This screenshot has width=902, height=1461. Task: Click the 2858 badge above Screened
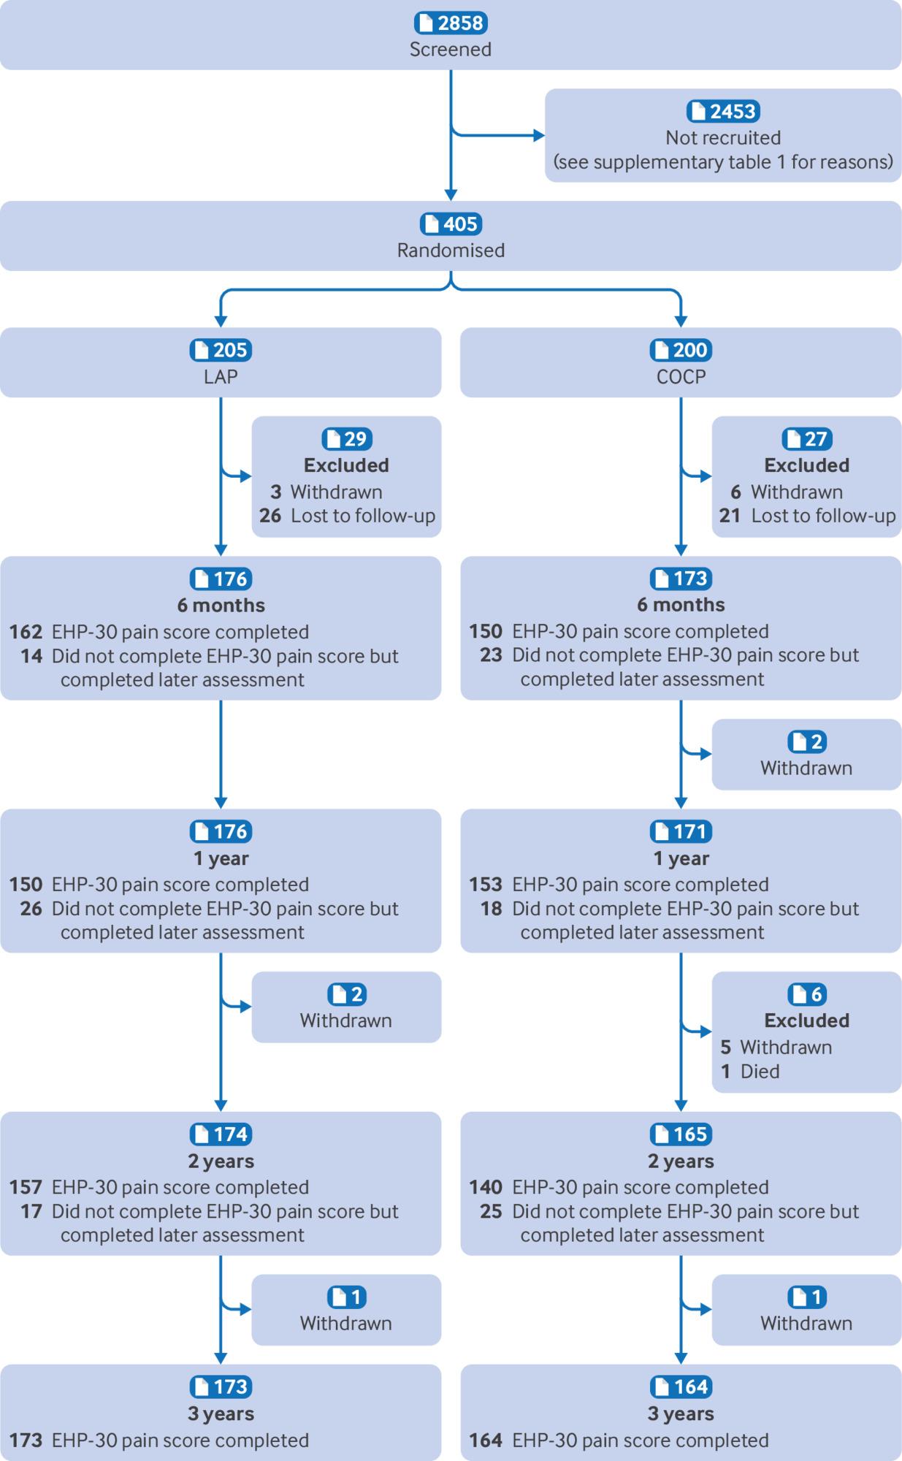tap(451, 23)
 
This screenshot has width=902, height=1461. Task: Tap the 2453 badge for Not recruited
tap(723, 111)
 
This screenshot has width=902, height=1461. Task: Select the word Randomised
tap(451, 250)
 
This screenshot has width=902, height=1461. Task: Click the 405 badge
tap(451, 224)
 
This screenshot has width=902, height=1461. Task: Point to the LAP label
tap(221, 376)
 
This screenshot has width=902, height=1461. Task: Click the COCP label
tap(681, 376)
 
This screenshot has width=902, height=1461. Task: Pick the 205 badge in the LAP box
tap(221, 350)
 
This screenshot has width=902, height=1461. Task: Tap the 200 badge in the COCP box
tap(681, 350)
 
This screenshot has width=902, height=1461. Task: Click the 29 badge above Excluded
tap(347, 438)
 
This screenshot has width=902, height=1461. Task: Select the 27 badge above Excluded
tap(807, 438)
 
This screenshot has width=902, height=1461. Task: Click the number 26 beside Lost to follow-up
tap(270, 516)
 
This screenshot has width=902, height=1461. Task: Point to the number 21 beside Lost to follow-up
tap(730, 516)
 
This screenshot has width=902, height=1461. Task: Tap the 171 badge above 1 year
tap(681, 831)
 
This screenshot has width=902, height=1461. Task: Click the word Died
tap(760, 1072)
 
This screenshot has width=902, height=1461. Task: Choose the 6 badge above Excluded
tap(807, 994)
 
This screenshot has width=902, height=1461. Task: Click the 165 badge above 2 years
tap(681, 1134)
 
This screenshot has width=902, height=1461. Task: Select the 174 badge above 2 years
tap(221, 1134)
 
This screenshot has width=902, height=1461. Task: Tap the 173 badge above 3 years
tap(221, 1386)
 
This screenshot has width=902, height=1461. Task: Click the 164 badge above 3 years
tap(681, 1386)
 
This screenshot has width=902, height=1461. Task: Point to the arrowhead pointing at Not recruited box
tap(540, 135)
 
